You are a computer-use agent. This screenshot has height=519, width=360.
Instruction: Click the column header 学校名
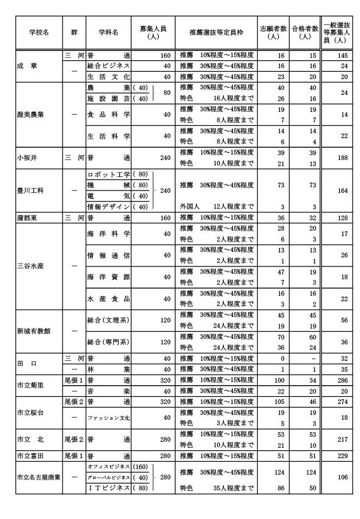tap(38, 31)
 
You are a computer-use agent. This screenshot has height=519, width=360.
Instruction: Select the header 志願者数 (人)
tap(272, 32)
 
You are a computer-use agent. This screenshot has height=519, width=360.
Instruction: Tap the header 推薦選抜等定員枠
tap(216, 31)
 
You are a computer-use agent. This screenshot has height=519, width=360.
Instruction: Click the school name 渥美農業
tap(32, 114)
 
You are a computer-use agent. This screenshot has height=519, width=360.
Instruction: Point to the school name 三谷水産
tap(32, 265)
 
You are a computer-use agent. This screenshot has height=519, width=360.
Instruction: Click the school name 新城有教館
tap(34, 330)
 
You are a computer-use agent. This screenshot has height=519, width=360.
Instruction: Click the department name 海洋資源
tap(109, 277)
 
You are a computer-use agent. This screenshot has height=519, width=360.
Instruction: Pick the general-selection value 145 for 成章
tap(344, 55)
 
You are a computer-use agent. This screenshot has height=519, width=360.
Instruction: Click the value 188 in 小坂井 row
tap(344, 158)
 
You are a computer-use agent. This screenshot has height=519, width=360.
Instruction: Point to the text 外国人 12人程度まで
tap(216, 207)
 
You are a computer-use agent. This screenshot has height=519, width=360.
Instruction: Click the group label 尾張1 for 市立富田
tap(74, 455)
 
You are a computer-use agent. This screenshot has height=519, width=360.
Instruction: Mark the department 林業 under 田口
tap(109, 369)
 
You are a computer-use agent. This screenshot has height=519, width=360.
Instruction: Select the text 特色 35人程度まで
tap(216, 487)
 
